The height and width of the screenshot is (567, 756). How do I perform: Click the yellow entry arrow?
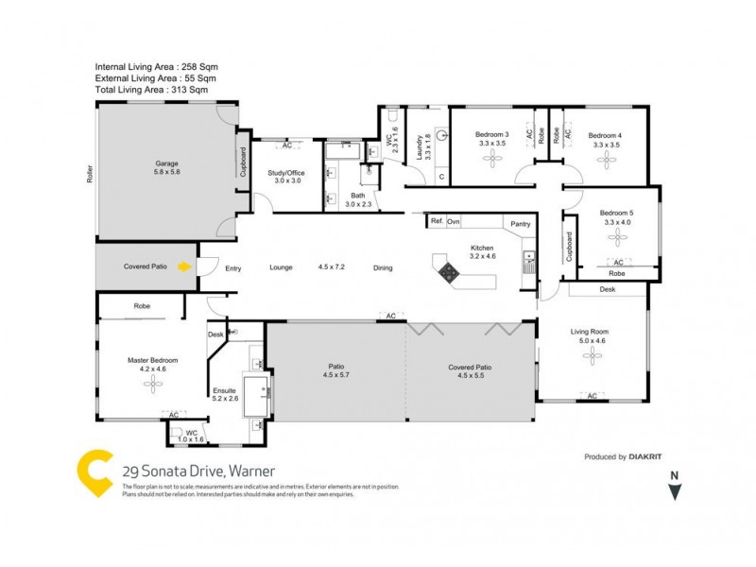pos(185,266)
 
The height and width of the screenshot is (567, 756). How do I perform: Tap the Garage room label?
pos(166,163)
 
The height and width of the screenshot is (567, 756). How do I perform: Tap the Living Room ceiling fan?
pos(592,355)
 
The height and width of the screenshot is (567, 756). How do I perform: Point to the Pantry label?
pos(520,224)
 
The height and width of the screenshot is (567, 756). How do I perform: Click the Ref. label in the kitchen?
pos(437,220)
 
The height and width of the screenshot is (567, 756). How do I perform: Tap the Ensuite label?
pos(223,388)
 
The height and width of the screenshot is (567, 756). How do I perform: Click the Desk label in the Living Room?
pos(607,289)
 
